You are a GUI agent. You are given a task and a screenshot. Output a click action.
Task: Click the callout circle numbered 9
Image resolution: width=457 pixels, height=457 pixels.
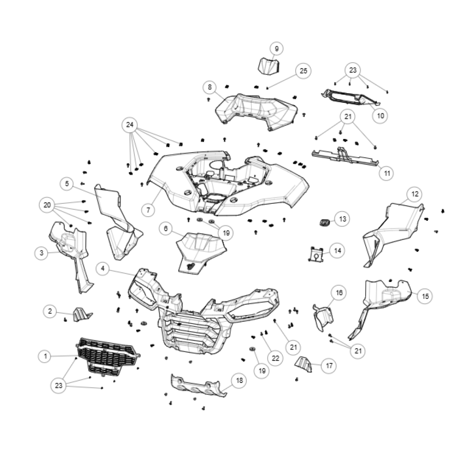pos(276,49)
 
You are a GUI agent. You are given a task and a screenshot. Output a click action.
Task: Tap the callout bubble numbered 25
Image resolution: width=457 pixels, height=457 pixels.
pos(303,71)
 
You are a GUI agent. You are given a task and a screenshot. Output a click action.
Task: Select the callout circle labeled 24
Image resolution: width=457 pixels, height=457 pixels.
pos(130,125)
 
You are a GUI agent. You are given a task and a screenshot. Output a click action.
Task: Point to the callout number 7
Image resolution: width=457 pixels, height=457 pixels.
pos(149,210)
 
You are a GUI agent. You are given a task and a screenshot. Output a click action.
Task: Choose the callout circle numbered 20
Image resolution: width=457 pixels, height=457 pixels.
pos(47,205)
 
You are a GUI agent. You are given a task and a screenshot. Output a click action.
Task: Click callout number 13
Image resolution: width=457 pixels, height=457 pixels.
pos(342,219)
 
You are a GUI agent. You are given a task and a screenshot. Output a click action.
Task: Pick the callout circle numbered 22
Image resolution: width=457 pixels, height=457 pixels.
pos(275,358)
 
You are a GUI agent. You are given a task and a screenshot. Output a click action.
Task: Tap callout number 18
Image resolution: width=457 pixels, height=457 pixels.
pos(239,380)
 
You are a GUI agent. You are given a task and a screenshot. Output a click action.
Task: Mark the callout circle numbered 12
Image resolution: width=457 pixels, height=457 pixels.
pos(415,194)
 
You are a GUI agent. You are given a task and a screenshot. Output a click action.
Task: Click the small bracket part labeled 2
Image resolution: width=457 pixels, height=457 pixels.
pos(82,314)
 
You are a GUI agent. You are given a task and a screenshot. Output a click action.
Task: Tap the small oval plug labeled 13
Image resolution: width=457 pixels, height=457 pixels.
pos(324,223)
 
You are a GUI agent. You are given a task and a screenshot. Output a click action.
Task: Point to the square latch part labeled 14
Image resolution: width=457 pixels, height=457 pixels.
pos(316,254)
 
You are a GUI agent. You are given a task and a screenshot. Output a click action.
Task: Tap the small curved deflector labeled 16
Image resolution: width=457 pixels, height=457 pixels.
pos(323,318)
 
